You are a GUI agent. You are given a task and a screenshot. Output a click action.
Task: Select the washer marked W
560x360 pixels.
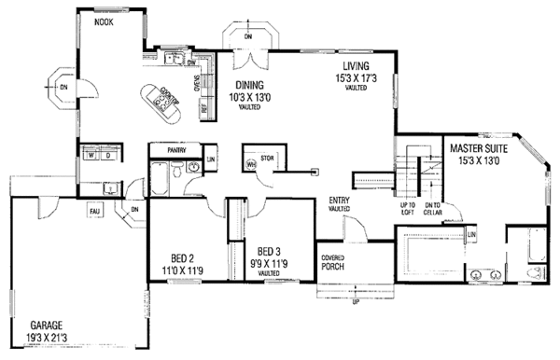(x=91, y=157)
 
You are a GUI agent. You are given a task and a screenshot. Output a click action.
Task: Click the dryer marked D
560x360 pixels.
(x=107, y=157)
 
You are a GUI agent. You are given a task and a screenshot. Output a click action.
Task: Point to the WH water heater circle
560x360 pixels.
(x=250, y=164)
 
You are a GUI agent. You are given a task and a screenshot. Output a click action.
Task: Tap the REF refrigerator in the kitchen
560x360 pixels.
(x=204, y=106)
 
